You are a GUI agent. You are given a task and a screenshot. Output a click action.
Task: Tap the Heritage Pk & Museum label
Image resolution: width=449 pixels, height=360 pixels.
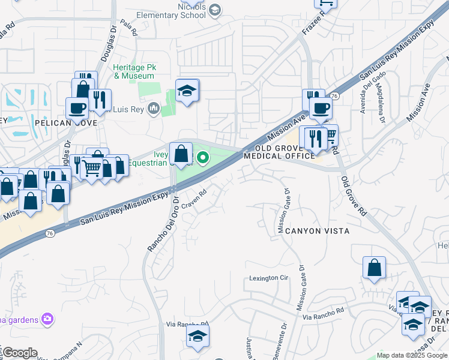[135, 71]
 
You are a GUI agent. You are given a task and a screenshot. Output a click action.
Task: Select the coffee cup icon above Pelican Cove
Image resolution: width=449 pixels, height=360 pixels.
[77, 109]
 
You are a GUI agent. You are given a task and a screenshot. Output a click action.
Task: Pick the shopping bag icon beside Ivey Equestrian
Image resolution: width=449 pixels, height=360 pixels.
[181, 154]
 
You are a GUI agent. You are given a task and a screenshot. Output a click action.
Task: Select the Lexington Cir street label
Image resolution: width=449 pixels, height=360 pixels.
[269, 278]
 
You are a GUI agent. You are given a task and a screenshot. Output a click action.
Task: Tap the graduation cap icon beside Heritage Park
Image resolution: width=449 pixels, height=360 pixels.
[187, 92]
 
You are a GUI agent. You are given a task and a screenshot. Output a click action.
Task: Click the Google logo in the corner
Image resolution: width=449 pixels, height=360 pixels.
[20, 353]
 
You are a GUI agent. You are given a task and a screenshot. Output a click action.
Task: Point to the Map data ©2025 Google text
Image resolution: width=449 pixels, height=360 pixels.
[412, 355]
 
